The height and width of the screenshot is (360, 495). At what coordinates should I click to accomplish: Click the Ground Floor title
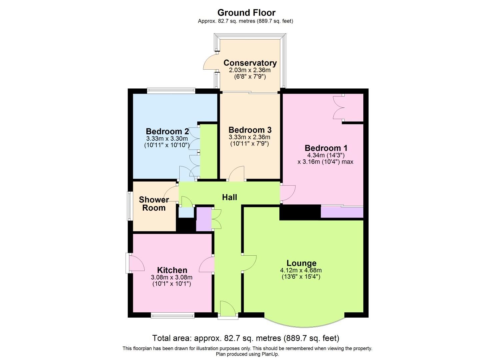coord(246,13)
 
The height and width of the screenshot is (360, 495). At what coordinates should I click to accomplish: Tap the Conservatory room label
coord(250,63)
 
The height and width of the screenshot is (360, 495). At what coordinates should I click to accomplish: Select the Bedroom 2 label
coord(167,131)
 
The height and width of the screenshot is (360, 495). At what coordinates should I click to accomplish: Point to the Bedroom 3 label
coord(250,130)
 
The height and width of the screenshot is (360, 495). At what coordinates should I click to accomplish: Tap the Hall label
coord(230,197)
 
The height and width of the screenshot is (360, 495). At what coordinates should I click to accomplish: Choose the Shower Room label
coord(154,204)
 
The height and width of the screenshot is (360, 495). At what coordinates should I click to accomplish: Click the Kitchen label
coord(172,270)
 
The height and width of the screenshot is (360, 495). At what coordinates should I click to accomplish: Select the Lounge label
coord(301,263)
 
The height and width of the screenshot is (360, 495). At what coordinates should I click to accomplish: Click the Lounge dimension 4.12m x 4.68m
coord(301,270)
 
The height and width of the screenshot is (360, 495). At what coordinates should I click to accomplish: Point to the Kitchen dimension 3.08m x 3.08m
coord(172,277)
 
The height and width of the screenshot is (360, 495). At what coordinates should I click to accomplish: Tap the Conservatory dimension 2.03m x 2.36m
coord(250,70)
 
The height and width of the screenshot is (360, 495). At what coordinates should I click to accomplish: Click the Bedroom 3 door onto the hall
coord(237,174)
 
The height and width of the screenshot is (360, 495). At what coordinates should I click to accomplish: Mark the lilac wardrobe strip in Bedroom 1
coord(342,212)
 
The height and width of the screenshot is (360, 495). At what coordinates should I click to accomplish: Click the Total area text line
coord(246,338)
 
